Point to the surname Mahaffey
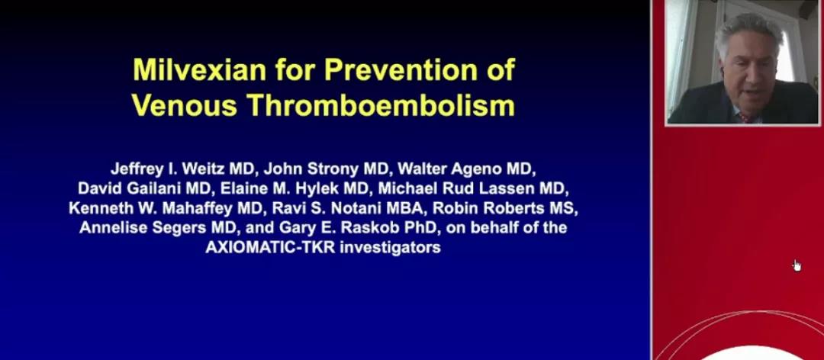coord(198,209)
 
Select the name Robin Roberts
coord(491,209)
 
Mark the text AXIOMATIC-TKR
coord(271,248)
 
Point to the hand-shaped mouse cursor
coord(797,265)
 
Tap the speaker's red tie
coord(745,117)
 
